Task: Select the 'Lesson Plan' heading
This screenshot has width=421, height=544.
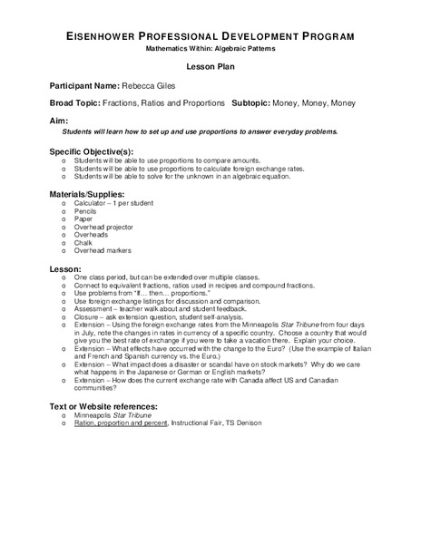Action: [x=210, y=68]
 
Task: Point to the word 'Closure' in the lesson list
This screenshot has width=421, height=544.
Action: [x=91, y=316]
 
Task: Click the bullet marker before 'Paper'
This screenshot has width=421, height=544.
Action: [x=63, y=219]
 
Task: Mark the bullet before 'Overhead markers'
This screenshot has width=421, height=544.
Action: [x=63, y=251]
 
